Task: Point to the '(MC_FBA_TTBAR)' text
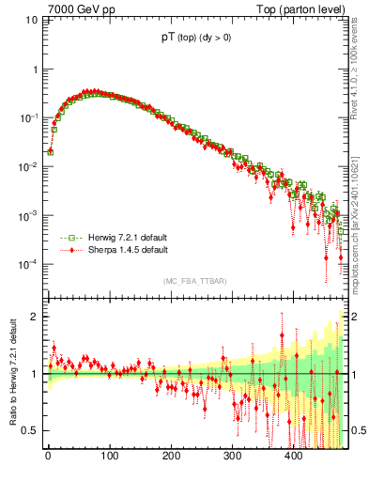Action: coord(194,282)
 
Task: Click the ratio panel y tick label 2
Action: coord(34,317)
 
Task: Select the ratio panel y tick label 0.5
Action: coord(30,430)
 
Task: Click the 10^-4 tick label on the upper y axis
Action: coord(28,264)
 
